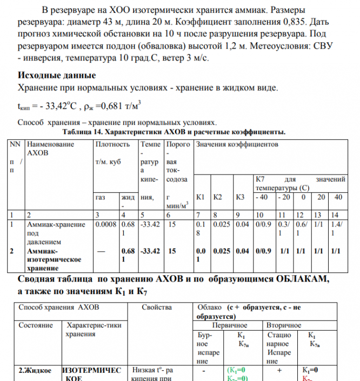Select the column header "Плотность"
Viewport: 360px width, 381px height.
112,145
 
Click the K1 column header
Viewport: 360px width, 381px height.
201,197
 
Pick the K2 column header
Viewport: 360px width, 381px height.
218,197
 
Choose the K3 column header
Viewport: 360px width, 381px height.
240,197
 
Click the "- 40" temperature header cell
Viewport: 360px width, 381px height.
263,197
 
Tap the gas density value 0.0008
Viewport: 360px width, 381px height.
105,223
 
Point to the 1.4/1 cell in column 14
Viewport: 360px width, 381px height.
338,228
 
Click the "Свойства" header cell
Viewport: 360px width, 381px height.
156,308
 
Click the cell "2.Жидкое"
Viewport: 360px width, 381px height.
36,371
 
